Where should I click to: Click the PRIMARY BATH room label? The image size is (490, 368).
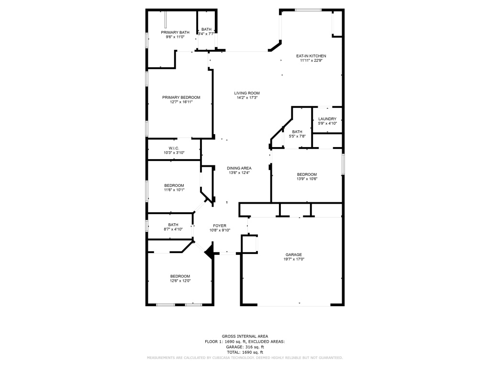coord(175,32)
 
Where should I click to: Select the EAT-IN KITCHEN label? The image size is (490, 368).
coord(311,56)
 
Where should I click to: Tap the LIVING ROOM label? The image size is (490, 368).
coord(247,93)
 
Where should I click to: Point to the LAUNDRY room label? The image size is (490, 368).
coord(327,119)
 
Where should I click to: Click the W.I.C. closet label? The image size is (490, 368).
coord(174,149)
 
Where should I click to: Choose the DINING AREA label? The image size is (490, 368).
coord(239,168)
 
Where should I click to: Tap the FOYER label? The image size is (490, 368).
coord(220,226)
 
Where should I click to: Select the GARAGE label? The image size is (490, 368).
coord(293,255)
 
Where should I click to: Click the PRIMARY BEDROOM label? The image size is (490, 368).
coord(181,97)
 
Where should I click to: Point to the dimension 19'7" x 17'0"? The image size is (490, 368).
coord(294,259)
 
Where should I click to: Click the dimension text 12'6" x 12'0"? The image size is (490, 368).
coord(180,281)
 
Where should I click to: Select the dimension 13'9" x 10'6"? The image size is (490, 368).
coord(307,179)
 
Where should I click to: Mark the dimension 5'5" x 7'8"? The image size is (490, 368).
coord(297,136)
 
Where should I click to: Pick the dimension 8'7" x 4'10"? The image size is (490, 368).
coord(173,229)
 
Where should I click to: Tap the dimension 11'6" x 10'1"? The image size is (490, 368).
coord(174,190)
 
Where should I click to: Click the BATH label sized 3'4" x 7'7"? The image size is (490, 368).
coord(206,29)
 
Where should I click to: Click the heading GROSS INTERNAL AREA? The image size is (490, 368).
coord(245,336)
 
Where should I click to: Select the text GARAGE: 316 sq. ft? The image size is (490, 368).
coord(245,347)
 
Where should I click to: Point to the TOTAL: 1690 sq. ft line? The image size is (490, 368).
coord(245,352)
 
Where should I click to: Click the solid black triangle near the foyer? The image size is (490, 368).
coord(210,251)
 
